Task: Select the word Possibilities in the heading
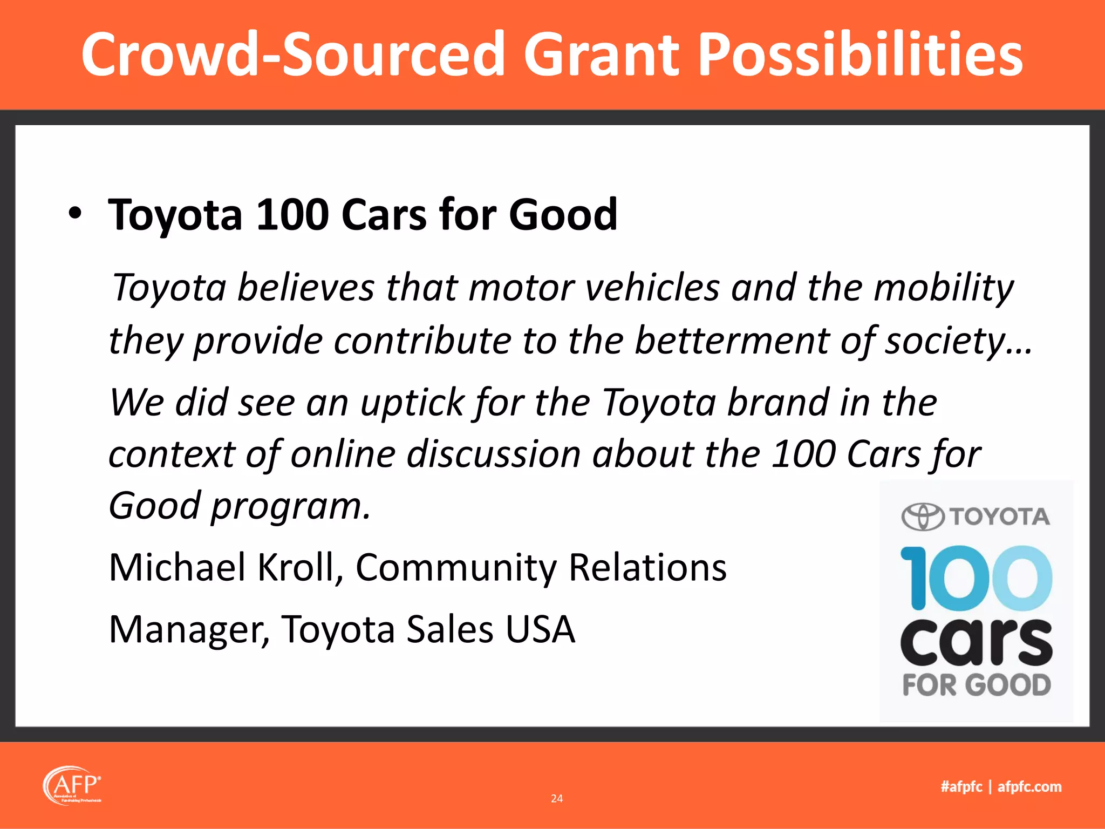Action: (860, 55)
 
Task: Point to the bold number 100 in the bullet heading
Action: (292, 215)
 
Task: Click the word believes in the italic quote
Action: (306, 287)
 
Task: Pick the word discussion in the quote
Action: (494, 453)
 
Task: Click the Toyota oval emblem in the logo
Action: (923, 517)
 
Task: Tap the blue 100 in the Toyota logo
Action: (976, 578)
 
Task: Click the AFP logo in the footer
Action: (72, 785)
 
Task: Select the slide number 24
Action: (557, 798)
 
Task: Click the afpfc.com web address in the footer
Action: (1029, 787)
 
